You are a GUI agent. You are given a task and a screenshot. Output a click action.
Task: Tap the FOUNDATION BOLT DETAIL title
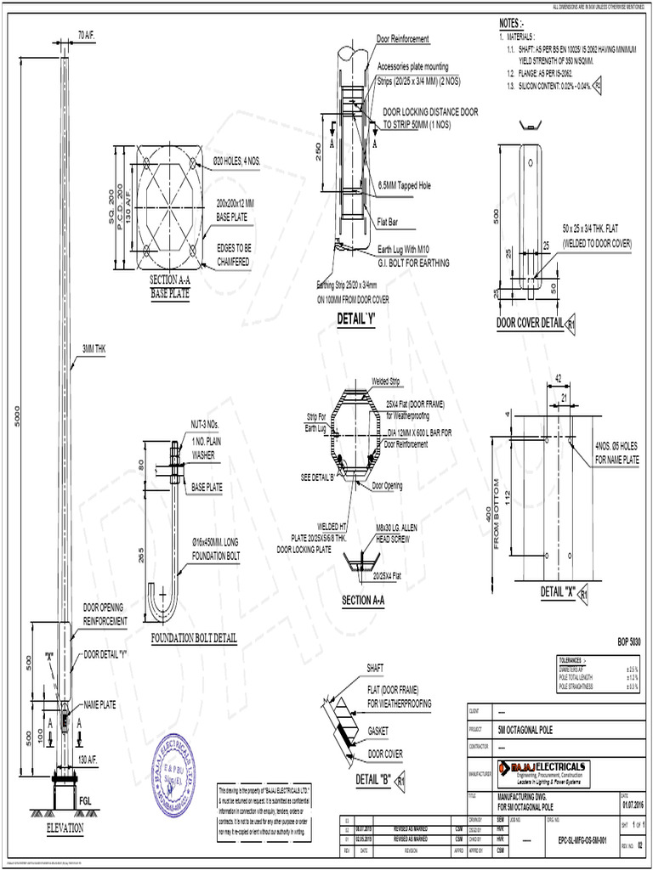tap(193, 638)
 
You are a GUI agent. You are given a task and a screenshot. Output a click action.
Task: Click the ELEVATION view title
tap(59, 827)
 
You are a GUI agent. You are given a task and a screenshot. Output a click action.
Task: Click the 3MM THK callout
tap(94, 348)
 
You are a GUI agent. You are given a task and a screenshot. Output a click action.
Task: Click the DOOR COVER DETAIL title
tap(530, 324)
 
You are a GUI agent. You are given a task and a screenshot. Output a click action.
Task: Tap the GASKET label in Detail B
tap(379, 731)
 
